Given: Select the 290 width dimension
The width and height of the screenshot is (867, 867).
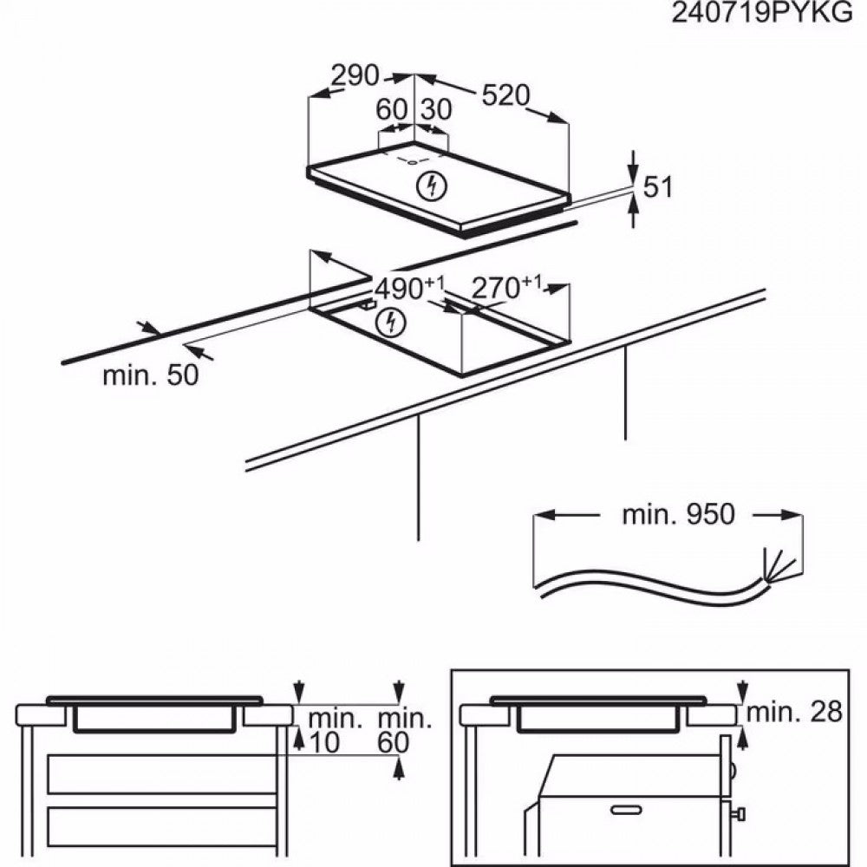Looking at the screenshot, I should (x=355, y=76).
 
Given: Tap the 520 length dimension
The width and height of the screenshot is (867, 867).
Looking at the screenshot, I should (x=505, y=95).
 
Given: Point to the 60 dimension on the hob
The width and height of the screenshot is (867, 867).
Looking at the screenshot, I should (x=392, y=110).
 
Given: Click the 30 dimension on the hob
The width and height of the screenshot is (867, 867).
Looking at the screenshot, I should (x=435, y=110).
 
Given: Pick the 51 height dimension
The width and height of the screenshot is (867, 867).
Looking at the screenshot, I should (x=655, y=186).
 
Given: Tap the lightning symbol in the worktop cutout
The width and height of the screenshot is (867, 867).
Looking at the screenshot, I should (x=392, y=323).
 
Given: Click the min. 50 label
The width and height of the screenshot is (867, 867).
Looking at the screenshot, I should (x=150, y=375).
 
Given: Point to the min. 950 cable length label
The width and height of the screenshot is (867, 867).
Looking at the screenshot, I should (x=678, y=514).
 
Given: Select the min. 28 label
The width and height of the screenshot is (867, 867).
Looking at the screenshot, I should (x=794, y=713).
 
